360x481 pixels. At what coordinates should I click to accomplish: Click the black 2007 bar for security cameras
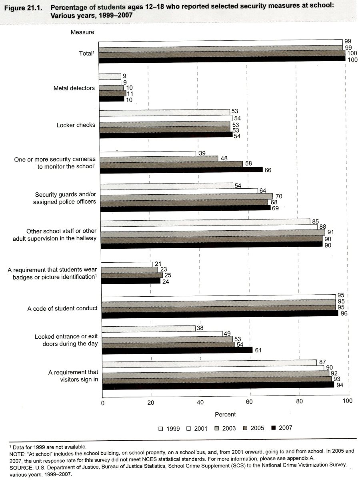point(181,170)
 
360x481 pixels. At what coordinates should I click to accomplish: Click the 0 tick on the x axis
point(103,402)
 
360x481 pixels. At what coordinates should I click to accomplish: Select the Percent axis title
point(225,414)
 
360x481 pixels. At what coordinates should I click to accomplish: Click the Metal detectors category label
point(74,88)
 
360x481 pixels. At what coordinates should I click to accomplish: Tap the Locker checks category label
point(76,125)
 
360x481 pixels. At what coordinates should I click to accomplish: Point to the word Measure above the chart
point(82,32)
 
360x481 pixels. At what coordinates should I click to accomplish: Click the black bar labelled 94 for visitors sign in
point(218,385)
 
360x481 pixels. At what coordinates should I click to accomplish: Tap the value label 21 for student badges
point(157,264)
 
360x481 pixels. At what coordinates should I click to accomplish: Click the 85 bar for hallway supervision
point(205,221)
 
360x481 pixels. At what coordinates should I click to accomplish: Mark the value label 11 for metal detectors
point(130,93)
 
